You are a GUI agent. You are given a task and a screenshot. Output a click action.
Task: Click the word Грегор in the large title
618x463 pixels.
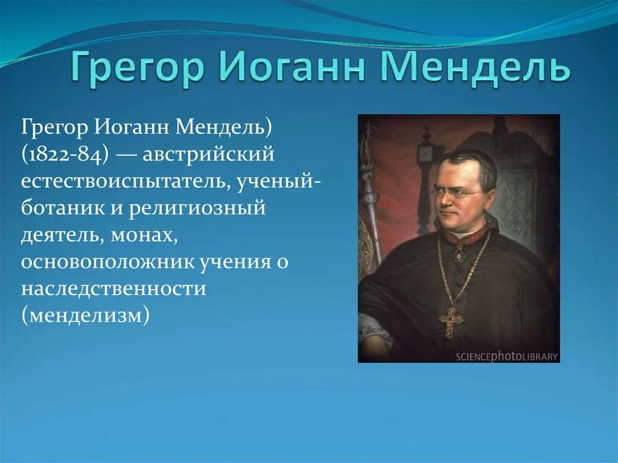[136, 68]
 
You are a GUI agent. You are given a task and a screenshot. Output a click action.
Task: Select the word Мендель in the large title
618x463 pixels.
[476, 68]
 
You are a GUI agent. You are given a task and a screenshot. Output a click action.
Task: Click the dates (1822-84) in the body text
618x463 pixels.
[65, 155]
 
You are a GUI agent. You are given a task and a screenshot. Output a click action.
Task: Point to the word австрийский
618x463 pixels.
[208, 155]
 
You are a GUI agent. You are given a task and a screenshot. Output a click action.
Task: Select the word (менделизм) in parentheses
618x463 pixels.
[85, 315]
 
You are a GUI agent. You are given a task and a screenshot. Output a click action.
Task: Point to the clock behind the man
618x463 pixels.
[426, 154]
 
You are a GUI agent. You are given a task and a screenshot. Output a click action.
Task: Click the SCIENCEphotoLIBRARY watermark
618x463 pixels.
[506, 356]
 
